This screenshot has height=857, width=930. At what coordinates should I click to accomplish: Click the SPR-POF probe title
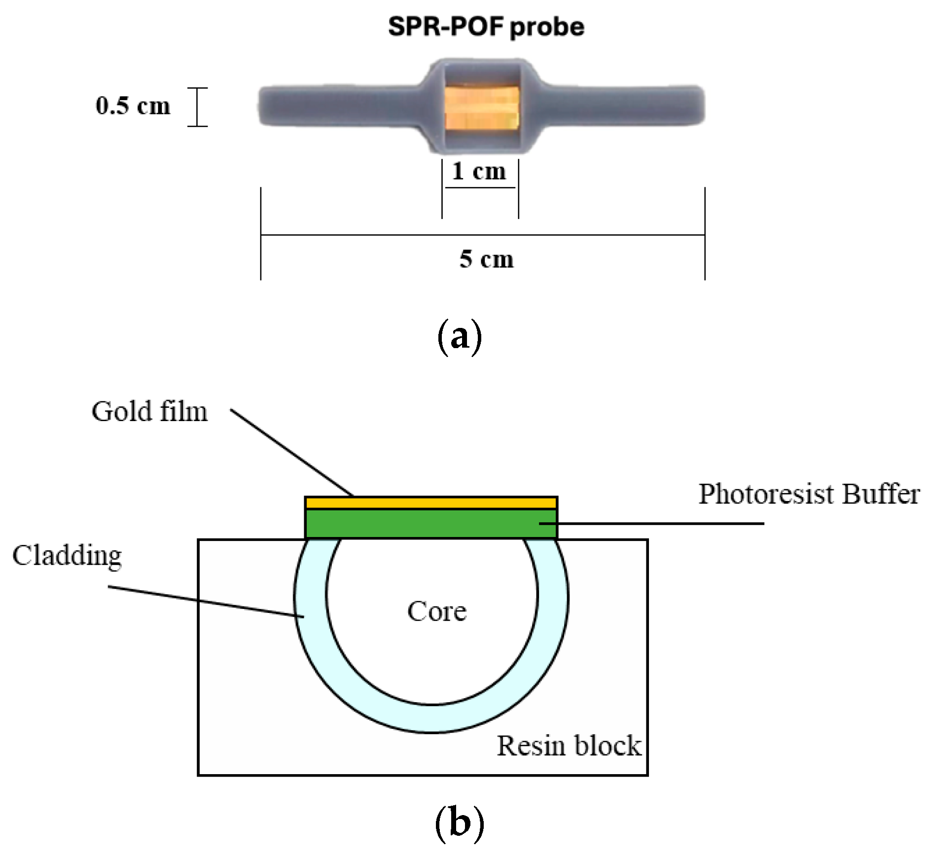(x=486, y=27)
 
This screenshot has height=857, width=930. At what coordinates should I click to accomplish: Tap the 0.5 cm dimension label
(x=133, y=106)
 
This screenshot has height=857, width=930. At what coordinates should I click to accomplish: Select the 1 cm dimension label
(x=479, y=171)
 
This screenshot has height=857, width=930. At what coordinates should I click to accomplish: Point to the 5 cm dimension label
(x=486, y=259)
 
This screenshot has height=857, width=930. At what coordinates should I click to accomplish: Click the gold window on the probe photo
(x=481, y=108)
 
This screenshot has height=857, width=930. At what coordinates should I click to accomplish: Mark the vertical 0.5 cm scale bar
(x=198, y=107)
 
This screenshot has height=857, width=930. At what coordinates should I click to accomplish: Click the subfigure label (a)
(x=459, y=337)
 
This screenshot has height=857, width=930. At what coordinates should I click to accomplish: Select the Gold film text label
(x=149, y=411)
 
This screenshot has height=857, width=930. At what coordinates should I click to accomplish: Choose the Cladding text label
(x=67, y=556)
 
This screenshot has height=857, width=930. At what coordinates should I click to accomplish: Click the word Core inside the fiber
(x=437, y=611)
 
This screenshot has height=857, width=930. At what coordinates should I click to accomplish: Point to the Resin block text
(x=569, y=746)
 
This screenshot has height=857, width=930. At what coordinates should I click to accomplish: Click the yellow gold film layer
(x=431, y=503)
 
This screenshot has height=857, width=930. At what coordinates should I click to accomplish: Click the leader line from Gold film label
(x=291, y=452)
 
